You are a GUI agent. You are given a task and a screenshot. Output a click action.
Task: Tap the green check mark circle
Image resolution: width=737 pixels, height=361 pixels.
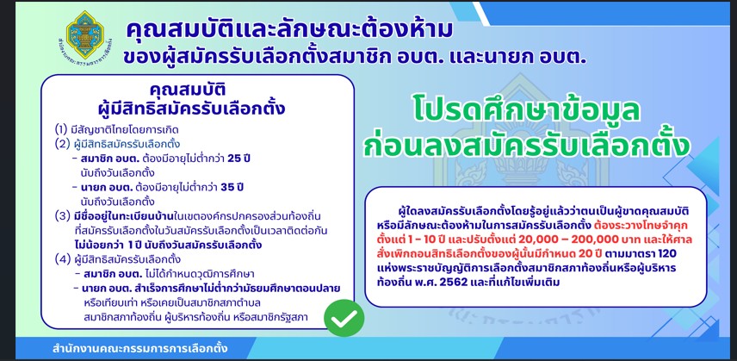344,318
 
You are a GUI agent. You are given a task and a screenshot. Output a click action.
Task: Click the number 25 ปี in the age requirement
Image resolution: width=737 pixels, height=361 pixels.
238,159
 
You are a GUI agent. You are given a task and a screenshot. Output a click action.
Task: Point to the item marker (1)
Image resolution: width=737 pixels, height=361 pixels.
62,129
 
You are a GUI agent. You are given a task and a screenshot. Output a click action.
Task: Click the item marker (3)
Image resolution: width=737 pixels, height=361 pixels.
62,216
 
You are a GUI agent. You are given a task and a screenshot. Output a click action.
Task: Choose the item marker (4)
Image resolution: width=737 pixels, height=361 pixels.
62,259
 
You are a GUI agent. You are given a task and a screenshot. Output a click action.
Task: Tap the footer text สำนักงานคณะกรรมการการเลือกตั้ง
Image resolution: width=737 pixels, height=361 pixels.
140,349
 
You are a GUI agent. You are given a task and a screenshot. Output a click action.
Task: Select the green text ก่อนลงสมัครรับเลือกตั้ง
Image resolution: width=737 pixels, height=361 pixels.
526,146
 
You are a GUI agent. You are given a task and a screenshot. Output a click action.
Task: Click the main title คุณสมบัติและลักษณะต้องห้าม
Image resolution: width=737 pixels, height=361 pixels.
289,30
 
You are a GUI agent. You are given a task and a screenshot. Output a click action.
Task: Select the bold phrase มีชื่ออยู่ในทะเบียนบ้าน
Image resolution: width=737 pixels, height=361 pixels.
115,216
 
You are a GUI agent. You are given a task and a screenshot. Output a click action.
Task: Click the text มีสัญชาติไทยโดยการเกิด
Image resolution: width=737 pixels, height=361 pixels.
125,129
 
